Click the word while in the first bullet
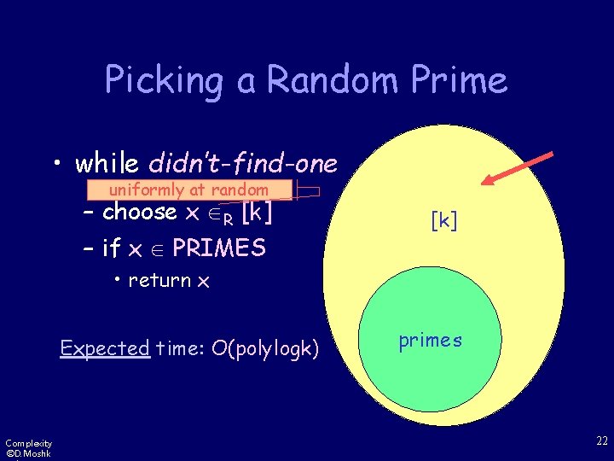pos(108,162)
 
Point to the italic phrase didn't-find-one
pos(243,162)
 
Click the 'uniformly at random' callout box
pos(188,190)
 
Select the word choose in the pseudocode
pos(139,212)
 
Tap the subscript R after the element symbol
pos(226,218)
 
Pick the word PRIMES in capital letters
pos(219,248)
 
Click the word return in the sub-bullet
pos(160,281)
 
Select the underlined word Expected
pos(105,348)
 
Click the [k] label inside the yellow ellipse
pos(443,221)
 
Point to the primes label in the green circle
pos(430,341)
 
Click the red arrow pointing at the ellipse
pos(518,168)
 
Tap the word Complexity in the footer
pos(28,442)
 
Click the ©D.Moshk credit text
pos(27,453)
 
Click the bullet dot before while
pos(57,163)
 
